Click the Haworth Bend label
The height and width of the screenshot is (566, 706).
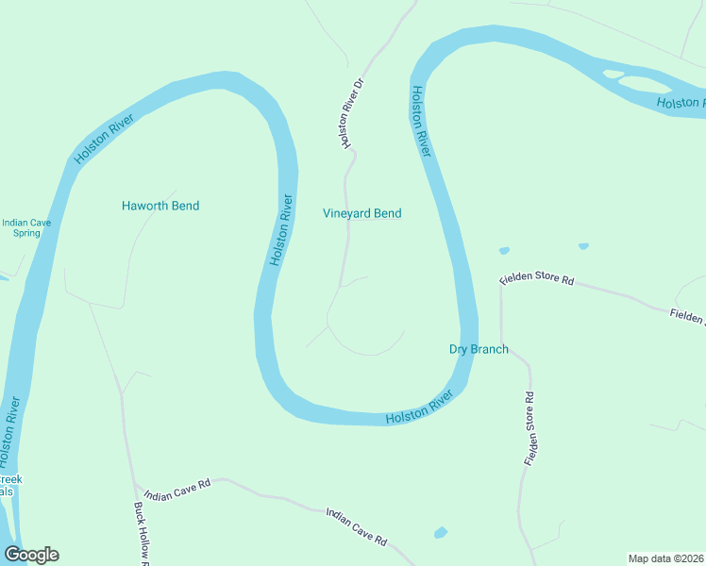pyautogui.click(x=160, y=206)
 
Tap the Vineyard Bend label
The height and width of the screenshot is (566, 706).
pyautogui.click(x=361, y=213)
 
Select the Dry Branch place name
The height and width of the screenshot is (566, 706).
pyautogui.click(x=478, y=349)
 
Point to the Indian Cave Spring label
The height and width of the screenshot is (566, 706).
pyautogui.click(x=21, y=228)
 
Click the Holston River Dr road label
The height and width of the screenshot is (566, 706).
pyautogui.click(x=352, y=113)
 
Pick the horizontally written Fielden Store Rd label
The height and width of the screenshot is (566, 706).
pyautogui.click(x=537, y=280)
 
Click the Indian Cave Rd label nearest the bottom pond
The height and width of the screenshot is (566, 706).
pyautogui.click(x=357, y=527)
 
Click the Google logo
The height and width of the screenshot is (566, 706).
pyautogui.click(x=31, y=555)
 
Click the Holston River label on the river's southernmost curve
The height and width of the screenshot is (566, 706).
pyautogui.click(x=419, y=411)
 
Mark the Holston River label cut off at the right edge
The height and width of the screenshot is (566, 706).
pyautogui.click(x=681, y=103)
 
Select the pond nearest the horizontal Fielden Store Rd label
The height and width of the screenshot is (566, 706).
pyautogui.click(x=504, y=251)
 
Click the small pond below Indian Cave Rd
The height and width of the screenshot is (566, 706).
pyautogui.click(x=440, y=533)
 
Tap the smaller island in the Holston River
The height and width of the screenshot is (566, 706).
pyautogui.click(x=614, y=74)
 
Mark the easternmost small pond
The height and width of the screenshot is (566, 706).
pyautogui.click(x=583, y=246)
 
